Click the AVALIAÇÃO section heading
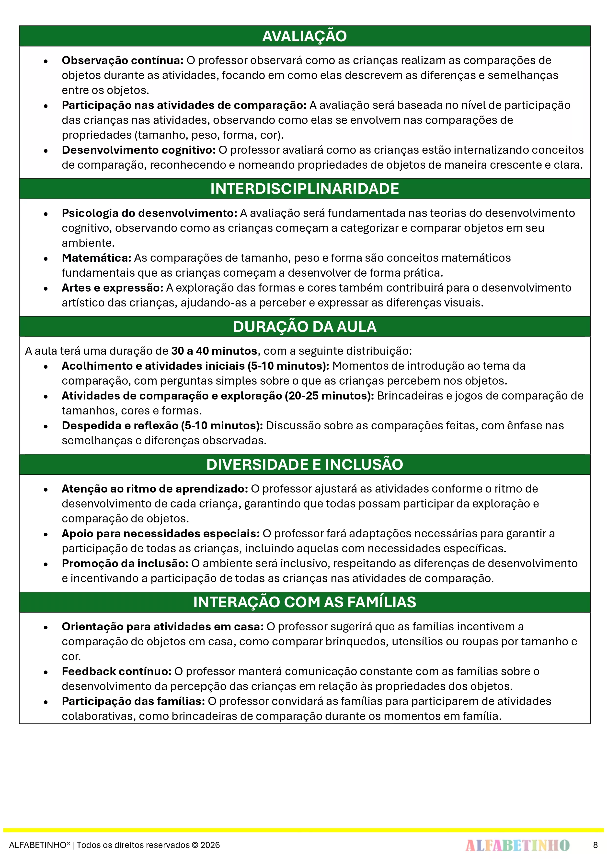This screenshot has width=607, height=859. [304, 36]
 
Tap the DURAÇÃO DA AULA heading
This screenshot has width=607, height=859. [304, 327]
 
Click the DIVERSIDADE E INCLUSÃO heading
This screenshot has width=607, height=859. [304, 465]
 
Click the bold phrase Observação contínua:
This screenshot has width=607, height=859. [122, 60]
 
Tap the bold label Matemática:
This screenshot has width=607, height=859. [96, 258]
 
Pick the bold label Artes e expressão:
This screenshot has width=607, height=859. [113, 288]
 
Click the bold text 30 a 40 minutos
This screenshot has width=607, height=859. [214, 351]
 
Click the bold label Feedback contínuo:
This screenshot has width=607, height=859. [116, 671]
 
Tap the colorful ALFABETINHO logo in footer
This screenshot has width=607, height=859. [517, 845]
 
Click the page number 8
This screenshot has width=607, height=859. [595, 845]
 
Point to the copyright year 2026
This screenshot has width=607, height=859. [210, 845]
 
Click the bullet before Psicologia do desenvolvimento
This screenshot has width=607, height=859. [46, 214]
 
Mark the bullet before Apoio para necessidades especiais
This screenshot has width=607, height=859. [46, 534]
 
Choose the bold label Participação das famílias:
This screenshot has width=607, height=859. [133, 702]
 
